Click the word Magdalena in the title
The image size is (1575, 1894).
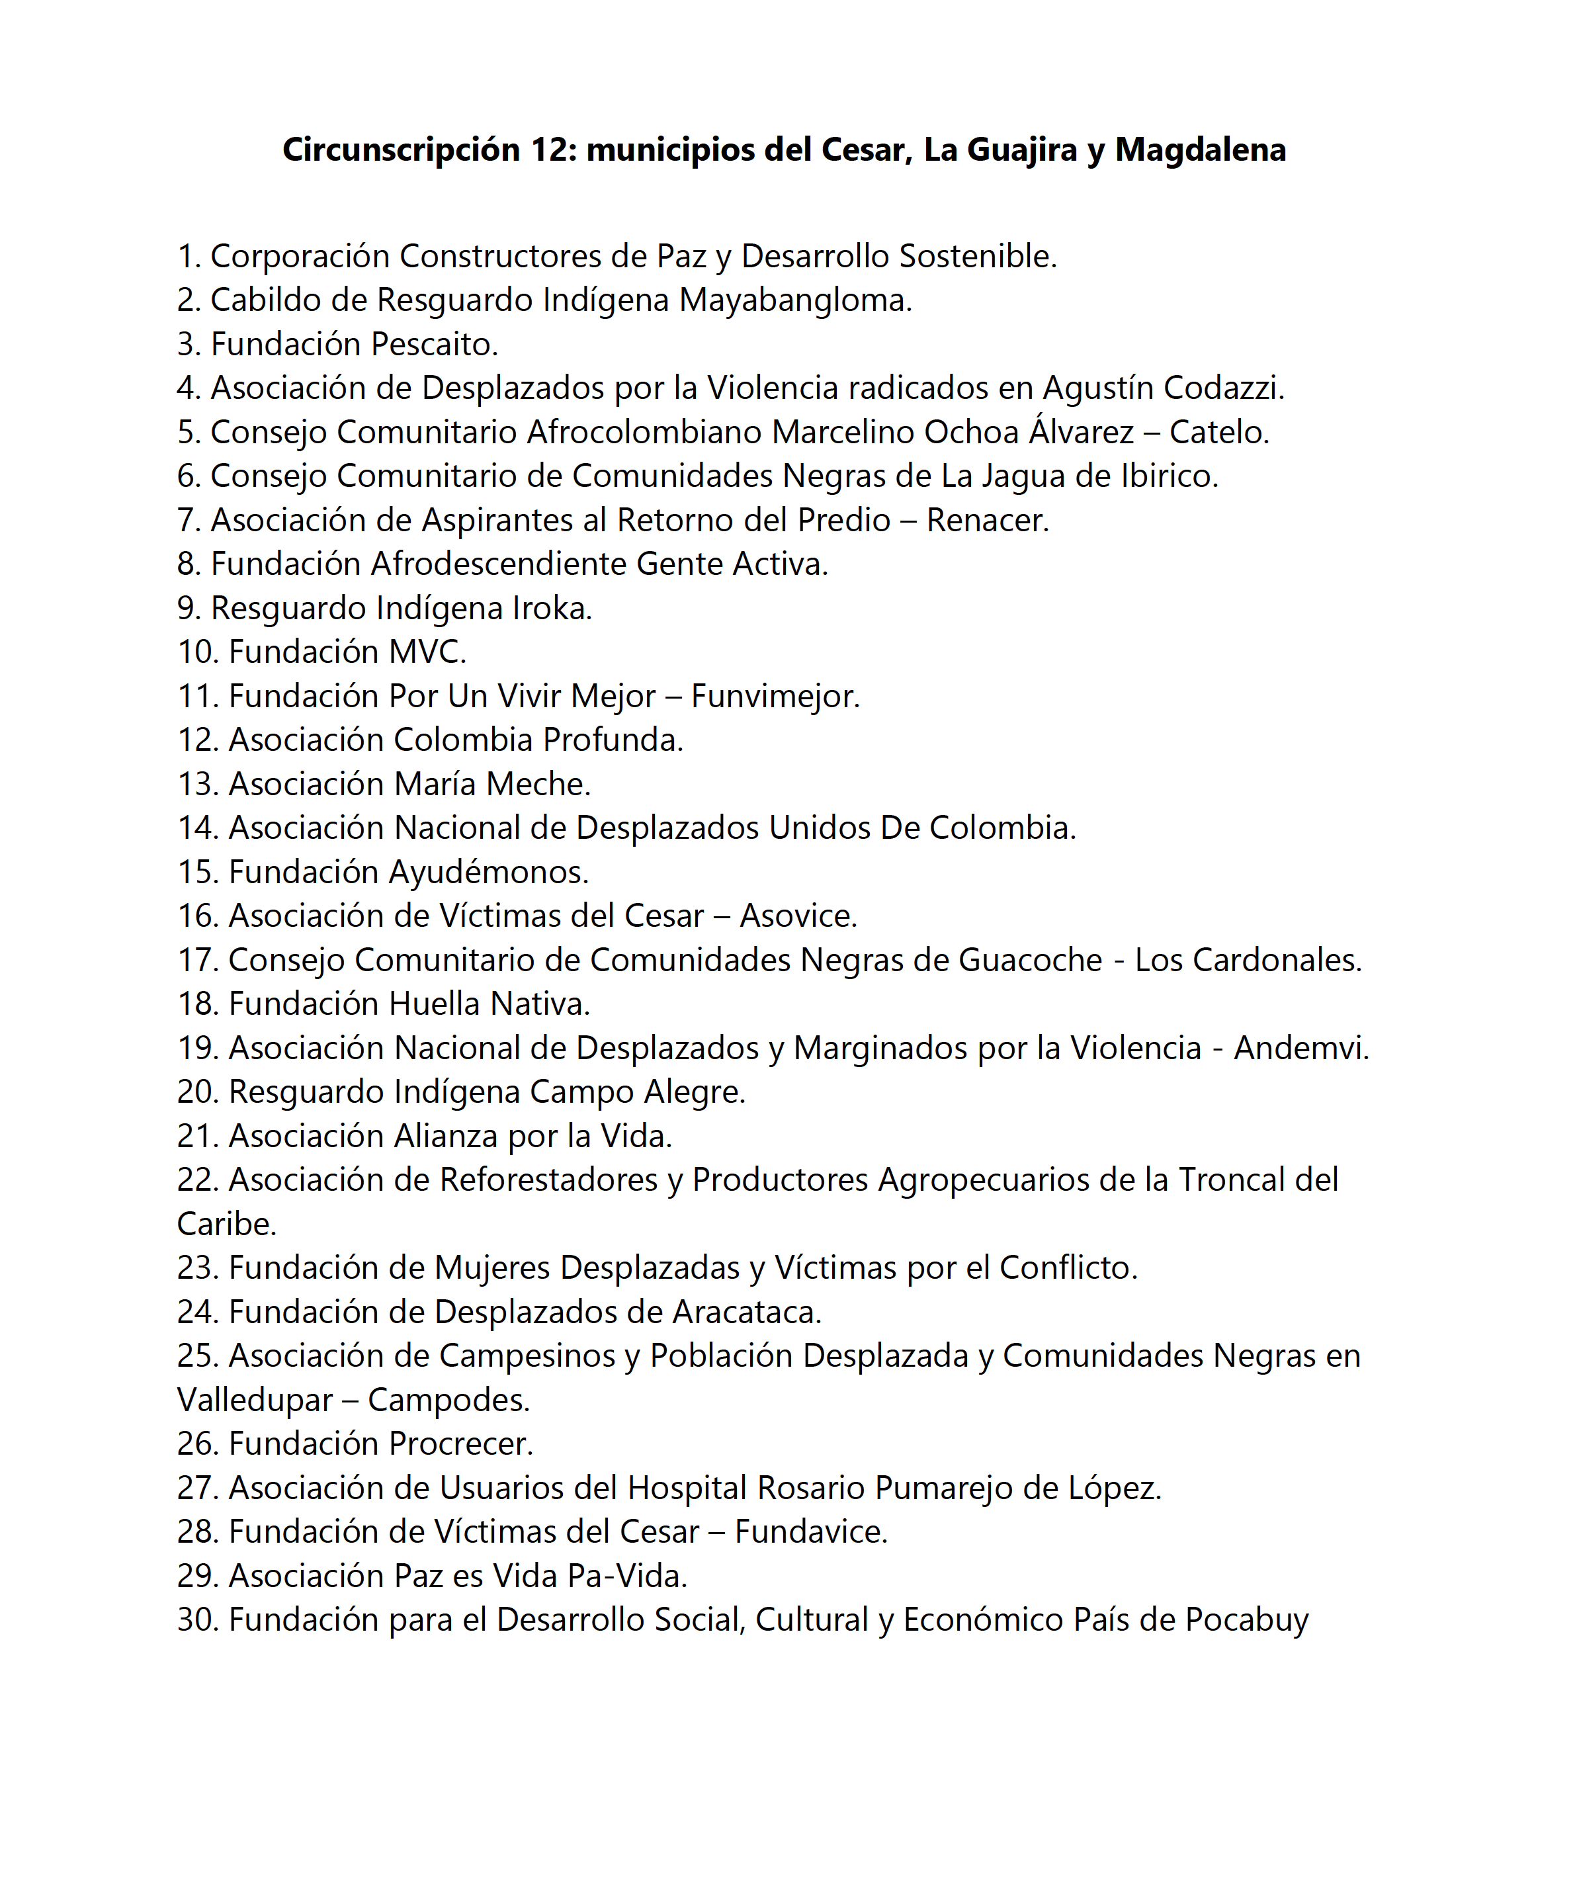coord(1200,150)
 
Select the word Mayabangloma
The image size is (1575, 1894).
coord(794,300)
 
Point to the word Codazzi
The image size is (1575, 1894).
coord(1223,388)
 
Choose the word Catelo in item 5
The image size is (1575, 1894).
coord(1218,432)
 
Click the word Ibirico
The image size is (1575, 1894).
coord(1169,476)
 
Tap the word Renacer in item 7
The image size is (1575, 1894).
coord(987,521)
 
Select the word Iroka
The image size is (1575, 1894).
coord(551,609)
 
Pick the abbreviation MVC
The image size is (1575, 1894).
coord(427,652)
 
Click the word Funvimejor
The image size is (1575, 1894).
coord(775,696)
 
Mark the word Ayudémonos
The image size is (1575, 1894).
coord(488,872)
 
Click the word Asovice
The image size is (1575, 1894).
coord(798,916)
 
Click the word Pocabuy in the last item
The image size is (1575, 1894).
coord(1247,1620)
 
